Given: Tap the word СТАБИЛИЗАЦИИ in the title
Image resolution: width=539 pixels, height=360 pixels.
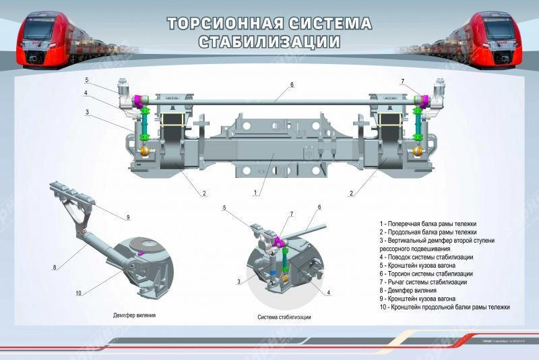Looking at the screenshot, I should pos(269,42).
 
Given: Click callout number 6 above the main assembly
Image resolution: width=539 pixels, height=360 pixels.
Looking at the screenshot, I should pos(292,85).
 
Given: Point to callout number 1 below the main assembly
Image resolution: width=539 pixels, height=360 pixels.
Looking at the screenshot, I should pos(255,193).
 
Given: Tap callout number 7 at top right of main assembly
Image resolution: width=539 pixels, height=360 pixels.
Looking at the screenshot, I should pos(402,82).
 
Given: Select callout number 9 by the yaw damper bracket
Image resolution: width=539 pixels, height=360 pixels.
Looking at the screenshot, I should pos(127,216).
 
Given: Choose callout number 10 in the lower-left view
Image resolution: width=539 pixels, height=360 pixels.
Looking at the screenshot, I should pos(79,293).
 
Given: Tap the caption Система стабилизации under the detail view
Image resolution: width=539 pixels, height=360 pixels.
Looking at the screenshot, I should pos(284,317).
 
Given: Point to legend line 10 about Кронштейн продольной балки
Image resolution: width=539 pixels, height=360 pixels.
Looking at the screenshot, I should pos(445,307).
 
